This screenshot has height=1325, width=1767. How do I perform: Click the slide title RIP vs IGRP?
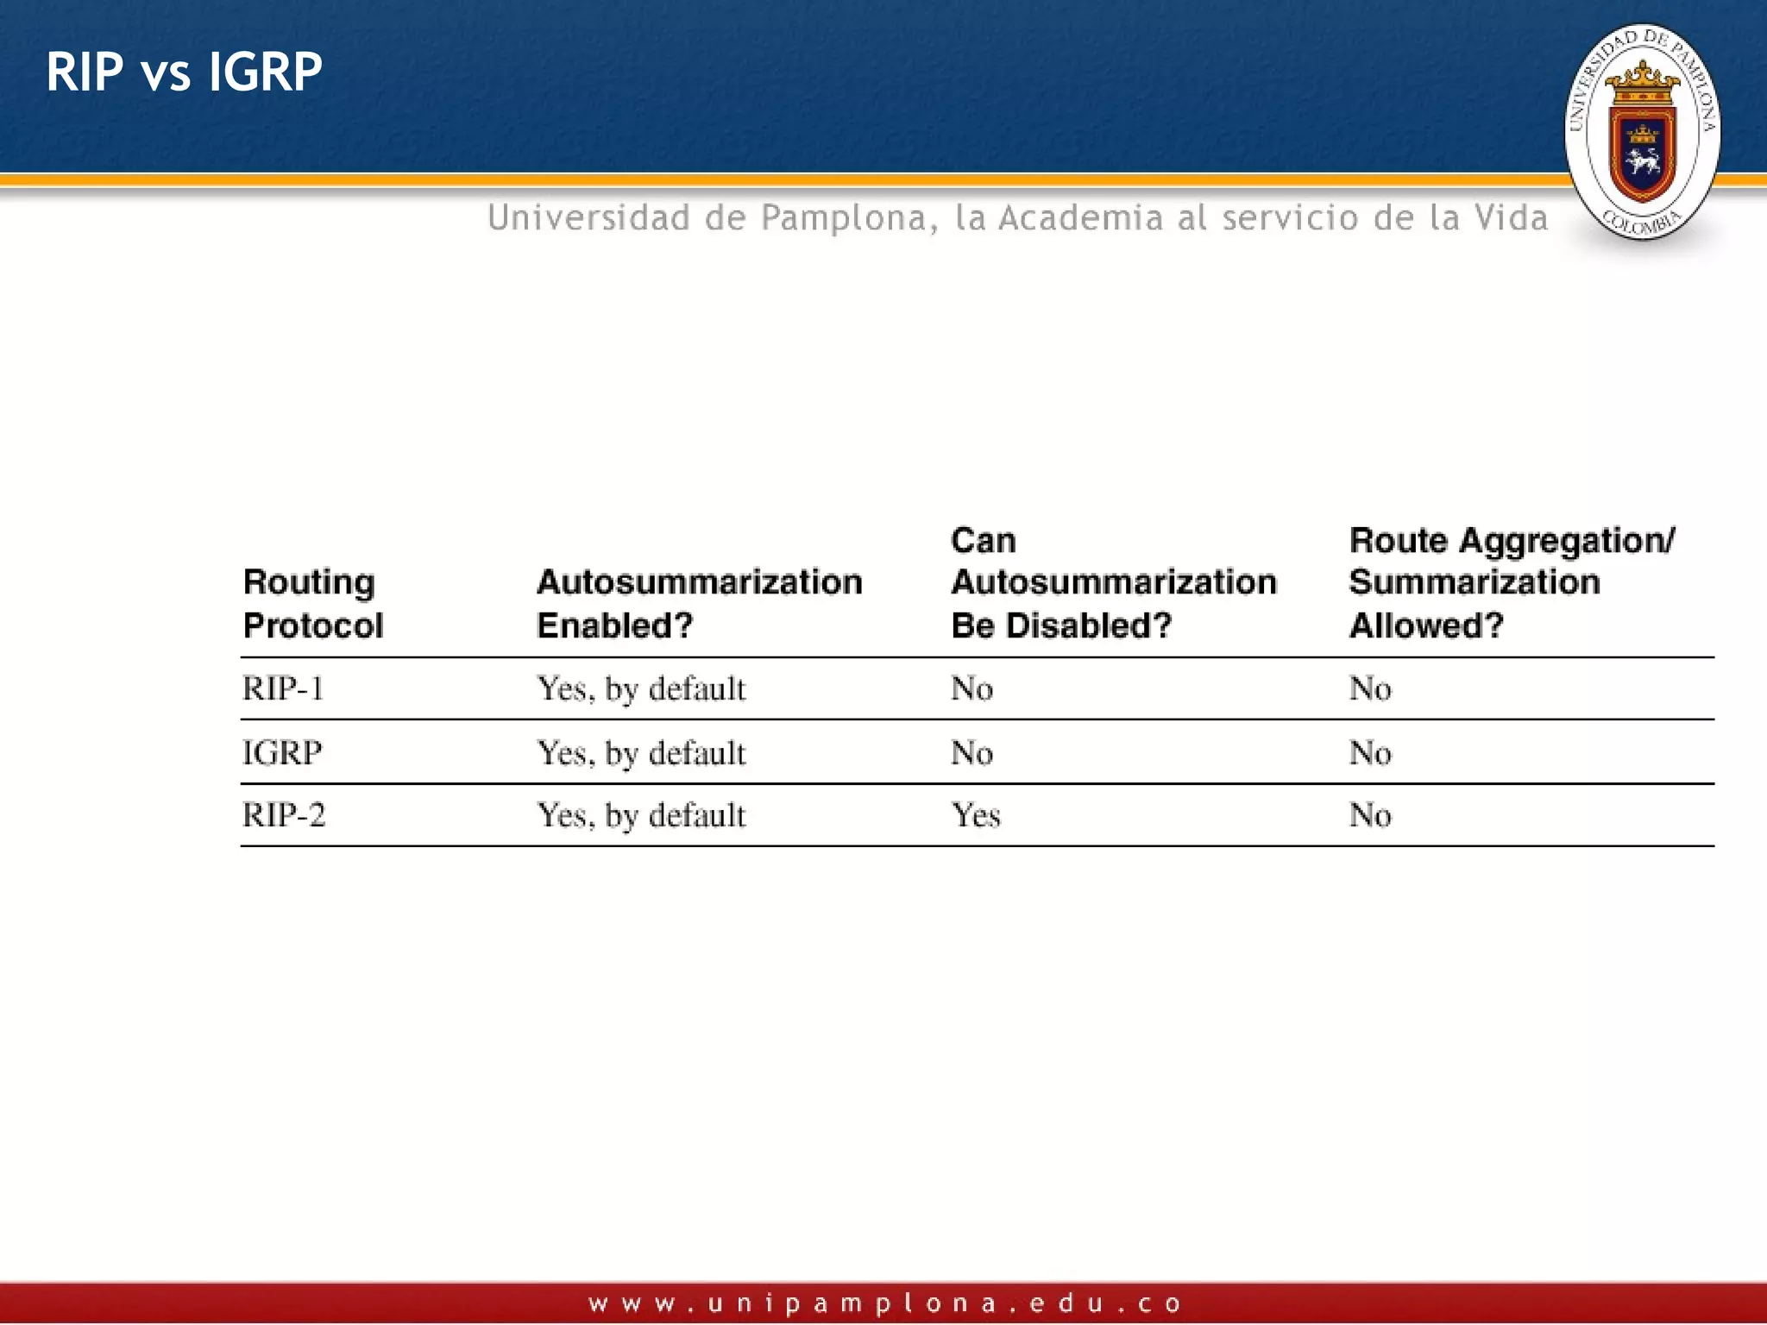pyautogui.click(x=184, y=72)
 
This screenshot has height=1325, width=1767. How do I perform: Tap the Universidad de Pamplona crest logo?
pyautogui.click(x=1642, y=132)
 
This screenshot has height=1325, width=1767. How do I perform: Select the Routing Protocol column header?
pyautogui.click(x=312, y=603)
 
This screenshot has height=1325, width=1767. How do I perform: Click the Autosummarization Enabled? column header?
pyautogui.click(x=699, y=603)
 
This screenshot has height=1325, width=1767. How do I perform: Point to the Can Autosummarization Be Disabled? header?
pyautogui.click(x=1113, y=582)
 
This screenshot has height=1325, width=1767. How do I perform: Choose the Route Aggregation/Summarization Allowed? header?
pyautogui.click(x=1512, y=582)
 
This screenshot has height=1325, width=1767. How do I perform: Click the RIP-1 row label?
pyautogui.click(x=283, y=688)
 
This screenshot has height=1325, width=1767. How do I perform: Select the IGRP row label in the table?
pyautogui.click(x=282, y=752)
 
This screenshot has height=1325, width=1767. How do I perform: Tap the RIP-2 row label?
pyautogui.click(x=284, y=815)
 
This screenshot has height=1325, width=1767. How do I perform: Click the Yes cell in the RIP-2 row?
pyautogui.click(x=976, y=815)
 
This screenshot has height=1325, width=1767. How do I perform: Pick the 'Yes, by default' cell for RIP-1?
pyautogui.click(x=641, y=689)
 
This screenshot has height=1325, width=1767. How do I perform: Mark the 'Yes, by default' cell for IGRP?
pyautogui.click(x=641, y=753)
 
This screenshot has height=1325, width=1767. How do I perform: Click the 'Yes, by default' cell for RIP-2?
pyautogui.click(x=641, y=815)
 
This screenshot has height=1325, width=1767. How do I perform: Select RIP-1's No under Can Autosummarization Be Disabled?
pyautogui.click(x=972, y=688)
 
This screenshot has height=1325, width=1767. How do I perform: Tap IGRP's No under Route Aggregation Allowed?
pyautogui.click(x=1370, y=753)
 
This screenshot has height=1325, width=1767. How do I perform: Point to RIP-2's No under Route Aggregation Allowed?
pyautogui.click(x=1370, y=815)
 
